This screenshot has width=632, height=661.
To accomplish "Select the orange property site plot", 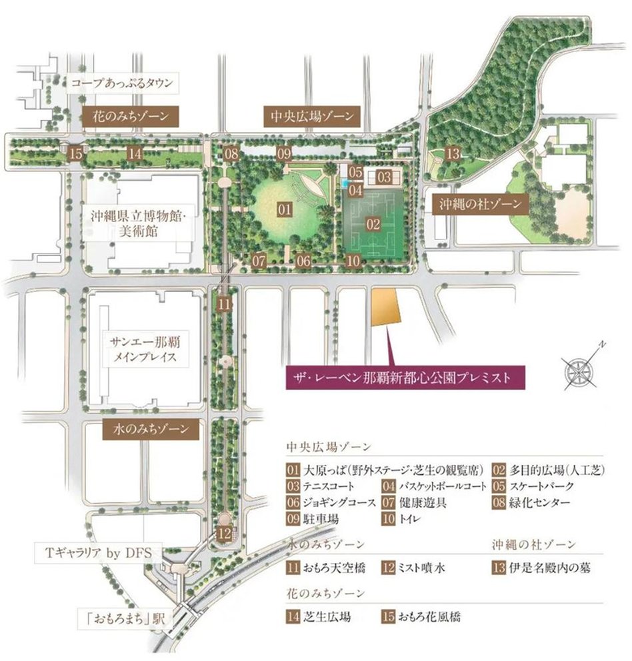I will point(385,308).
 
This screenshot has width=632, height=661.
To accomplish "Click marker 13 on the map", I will point(453,155).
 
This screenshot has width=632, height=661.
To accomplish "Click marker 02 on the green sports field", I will point(373,225).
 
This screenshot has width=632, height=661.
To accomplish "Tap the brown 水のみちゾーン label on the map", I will point(151,428).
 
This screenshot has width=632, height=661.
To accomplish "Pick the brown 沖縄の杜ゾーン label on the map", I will point(481,203).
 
